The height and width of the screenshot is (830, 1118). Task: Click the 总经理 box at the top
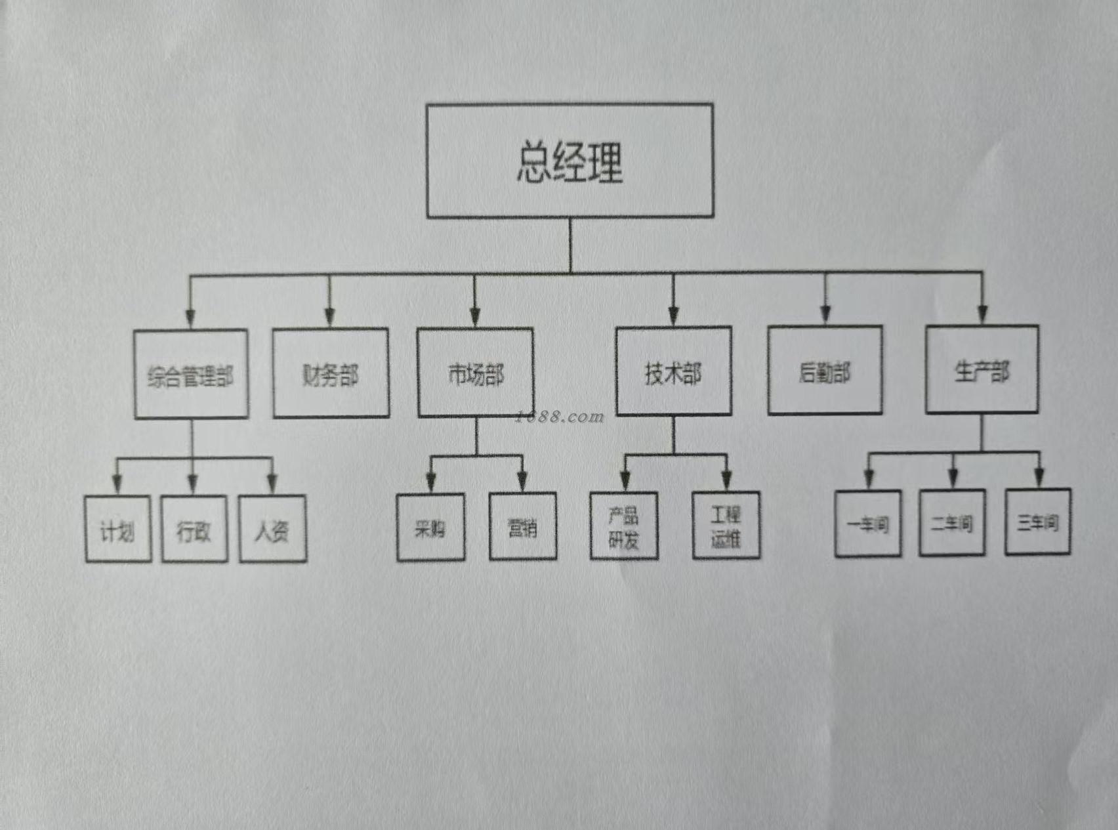569,161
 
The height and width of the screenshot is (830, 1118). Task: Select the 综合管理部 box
191,374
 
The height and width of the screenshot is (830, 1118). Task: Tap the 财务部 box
331,373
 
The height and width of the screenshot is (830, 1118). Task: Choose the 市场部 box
476,373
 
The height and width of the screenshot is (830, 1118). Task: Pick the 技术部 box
673,371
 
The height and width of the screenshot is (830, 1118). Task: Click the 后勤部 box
825,371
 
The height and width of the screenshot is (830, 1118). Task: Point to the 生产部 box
982,369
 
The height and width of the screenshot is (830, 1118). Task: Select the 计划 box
118,529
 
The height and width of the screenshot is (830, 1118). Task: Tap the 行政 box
194,529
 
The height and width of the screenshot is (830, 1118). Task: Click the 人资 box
272,529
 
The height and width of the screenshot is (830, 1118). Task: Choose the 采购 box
431,527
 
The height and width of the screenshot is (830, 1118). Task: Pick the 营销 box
523,526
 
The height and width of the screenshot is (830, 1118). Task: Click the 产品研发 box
624,526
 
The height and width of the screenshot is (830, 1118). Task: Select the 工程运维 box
726,526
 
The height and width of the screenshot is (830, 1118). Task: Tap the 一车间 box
868,524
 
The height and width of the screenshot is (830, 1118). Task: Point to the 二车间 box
952,523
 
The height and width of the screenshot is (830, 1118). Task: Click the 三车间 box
1038,522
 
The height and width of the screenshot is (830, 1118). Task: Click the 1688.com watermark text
560,417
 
